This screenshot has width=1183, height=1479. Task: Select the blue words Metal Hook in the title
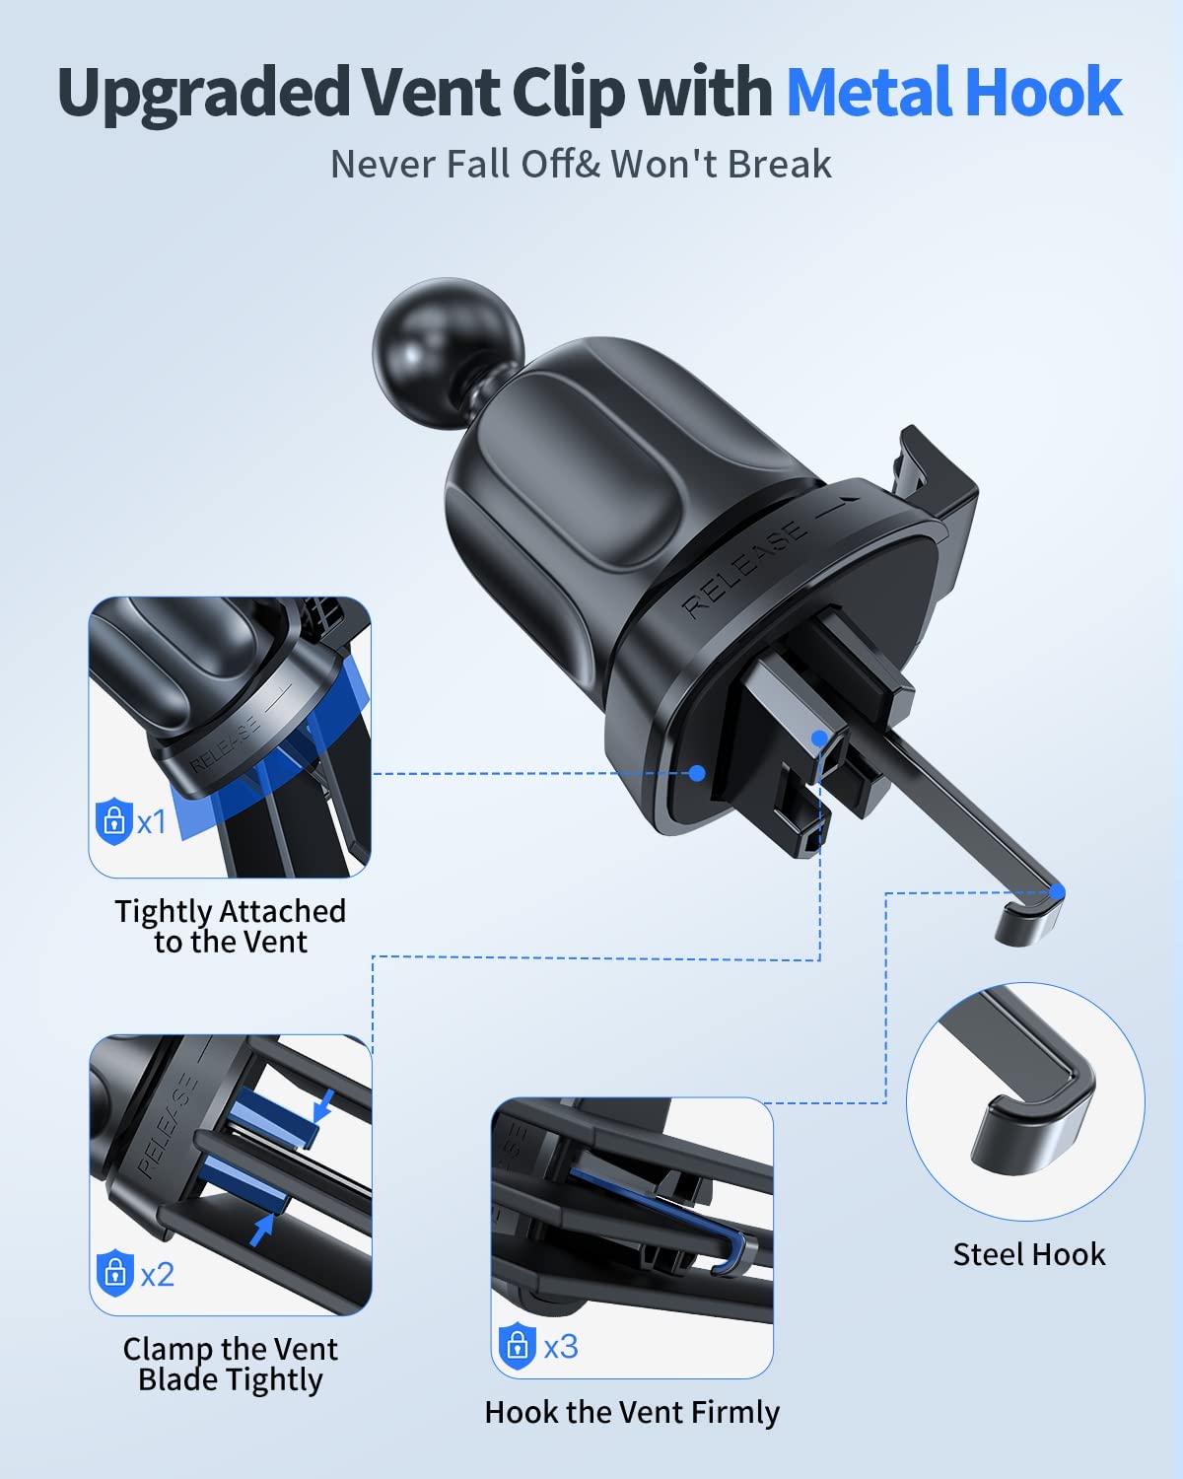[x=954, y=92]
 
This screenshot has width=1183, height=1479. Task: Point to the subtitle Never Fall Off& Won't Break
[x=581, y=165]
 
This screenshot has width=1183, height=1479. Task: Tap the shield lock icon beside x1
[x=114, y=820]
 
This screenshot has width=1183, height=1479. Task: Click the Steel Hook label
[x=1029, y=1254]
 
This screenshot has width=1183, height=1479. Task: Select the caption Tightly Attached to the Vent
[x=231, y=927]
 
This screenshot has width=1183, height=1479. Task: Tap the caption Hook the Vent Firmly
[x=632, y=1412]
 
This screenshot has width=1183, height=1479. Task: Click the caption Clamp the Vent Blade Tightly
[x=231, y=1365]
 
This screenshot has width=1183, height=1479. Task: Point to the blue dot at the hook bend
[x=1057, y=892]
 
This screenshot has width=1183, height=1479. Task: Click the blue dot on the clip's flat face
[x=697, y=773]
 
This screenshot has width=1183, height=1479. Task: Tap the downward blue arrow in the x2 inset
[x=322, y=1106]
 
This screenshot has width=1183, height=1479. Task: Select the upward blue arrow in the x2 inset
[x=260, y=1230]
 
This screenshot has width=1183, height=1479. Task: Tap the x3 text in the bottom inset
[x=561, y=1346]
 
